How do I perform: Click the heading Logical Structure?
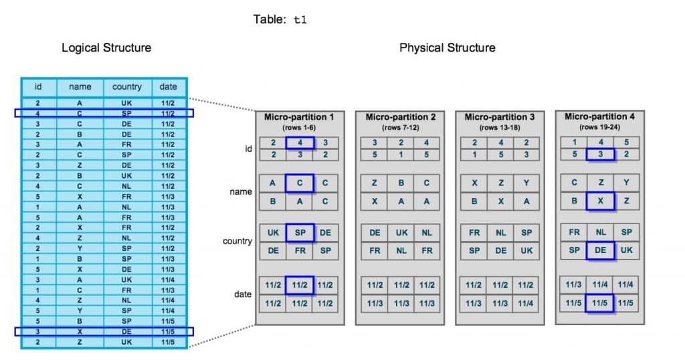106,48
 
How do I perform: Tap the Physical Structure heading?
448,48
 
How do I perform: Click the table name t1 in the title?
300,19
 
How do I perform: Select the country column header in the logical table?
126,86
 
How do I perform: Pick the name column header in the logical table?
80,86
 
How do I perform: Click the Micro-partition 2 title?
400,117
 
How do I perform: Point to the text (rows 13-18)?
500,128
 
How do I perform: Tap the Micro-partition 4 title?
599,116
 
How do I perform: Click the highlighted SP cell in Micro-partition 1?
300,232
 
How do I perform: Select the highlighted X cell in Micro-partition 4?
600,201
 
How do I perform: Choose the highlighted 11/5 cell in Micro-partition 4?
599,302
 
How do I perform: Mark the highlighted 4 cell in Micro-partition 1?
300,143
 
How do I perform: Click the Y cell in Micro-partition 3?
526,183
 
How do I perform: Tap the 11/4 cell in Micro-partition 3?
526,303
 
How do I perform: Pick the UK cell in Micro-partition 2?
401,233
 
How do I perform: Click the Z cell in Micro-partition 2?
375,183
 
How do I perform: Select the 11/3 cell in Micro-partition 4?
573,284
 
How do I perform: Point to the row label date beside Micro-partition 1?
243,294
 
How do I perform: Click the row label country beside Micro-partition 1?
237,241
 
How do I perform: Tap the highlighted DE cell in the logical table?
126,332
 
